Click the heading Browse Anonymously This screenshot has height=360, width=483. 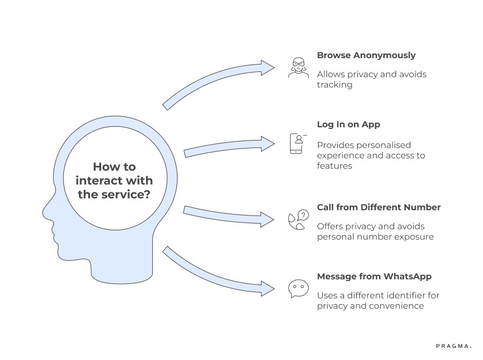pos(366,55)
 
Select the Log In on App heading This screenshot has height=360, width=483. pos(348,124)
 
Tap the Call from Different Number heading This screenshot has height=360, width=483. pos(379,207)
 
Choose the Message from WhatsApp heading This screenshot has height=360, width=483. pos(374,276)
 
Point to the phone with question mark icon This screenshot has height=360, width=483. pos(298,219)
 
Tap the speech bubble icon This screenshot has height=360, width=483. pos(298,288)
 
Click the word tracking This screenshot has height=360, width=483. pos(334,85)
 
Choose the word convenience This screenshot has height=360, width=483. pos(398,306)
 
